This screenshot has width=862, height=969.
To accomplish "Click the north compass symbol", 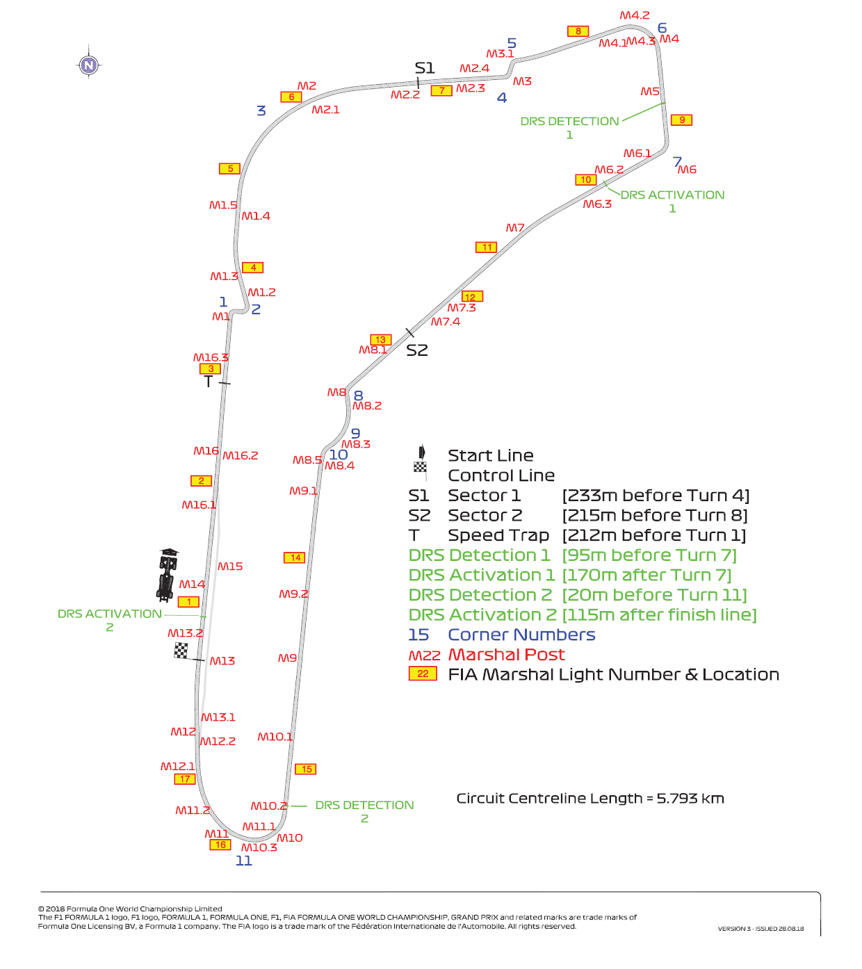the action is click(88, 65).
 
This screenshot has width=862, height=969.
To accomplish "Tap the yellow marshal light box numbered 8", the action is click(578, 31).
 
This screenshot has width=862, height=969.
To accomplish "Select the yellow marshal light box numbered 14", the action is click(295, 557).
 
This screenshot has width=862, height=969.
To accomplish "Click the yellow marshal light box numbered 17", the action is click(185, 779).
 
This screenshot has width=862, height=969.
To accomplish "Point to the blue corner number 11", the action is click(244, 861).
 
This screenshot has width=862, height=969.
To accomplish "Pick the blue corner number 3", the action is click(261, 111).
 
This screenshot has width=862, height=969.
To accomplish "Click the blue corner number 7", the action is click(677, 162).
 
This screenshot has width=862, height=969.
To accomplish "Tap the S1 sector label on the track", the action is click(425, 68).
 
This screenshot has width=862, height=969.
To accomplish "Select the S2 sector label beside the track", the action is click(416, 350).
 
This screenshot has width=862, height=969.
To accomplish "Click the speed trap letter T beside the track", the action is click(208, 382).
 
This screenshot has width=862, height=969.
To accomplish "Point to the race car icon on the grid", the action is click(167, 574).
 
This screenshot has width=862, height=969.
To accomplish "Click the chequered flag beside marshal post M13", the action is click(181, 651).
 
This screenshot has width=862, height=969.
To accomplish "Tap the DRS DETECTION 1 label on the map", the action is click(570, 128).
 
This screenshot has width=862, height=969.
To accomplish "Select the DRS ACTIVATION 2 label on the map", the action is click(110, 620).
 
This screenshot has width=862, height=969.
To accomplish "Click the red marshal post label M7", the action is click(515, 228).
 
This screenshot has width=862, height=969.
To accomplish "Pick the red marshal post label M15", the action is click(230, 567).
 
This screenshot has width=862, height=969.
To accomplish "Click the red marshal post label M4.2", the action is click(635, 15).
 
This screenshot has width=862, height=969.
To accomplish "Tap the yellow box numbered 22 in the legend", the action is click(423, 674).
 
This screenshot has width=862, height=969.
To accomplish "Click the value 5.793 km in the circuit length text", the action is click(690, 799).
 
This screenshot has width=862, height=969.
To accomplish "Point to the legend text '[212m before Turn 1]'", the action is click(654, 535).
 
